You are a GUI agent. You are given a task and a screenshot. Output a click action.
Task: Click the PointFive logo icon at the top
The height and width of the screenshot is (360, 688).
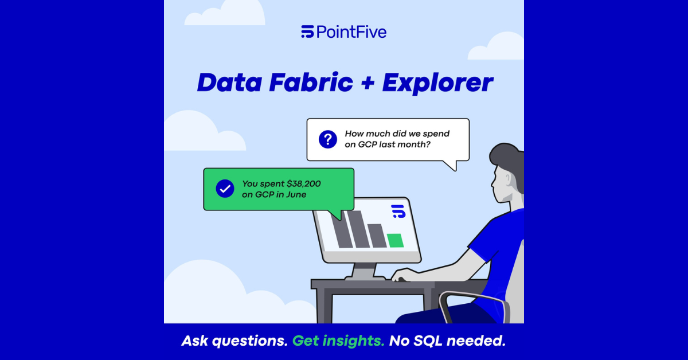[307, 32]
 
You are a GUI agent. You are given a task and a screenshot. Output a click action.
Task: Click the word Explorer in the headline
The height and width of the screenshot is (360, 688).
[437, 83]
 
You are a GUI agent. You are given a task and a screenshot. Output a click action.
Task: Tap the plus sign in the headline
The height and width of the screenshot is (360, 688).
[368, 83]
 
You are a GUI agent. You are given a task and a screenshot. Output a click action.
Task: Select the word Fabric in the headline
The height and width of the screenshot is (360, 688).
[311, 83]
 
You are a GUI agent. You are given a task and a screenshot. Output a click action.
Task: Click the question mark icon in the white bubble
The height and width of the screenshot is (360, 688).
[328, 139]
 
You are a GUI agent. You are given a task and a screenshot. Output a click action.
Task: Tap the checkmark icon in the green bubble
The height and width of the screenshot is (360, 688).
[225, 189]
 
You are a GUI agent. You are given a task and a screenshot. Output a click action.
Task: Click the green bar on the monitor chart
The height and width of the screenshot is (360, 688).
[395, 240]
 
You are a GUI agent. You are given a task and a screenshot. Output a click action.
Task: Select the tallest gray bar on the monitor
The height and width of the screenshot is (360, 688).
[358, 229]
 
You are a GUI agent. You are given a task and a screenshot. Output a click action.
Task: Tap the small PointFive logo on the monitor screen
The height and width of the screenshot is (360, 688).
[398, 211]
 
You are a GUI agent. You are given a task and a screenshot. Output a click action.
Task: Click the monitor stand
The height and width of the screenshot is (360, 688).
[365, 272]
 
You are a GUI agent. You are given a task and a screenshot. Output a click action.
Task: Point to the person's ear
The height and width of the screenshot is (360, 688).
[508, 179]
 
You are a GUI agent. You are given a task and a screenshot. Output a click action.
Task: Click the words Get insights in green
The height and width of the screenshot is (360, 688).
[338, 341]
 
